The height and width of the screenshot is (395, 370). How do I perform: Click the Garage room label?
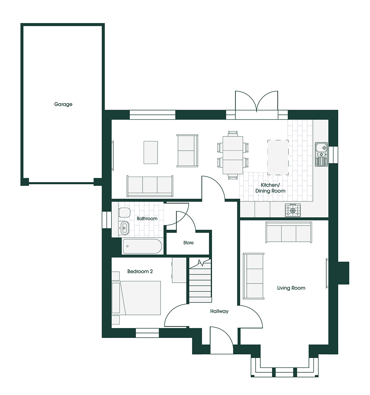(x=63, y=104)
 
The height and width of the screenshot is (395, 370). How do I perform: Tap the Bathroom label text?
(x=147, y=218)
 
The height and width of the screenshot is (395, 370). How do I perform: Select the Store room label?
(x=188, y=242)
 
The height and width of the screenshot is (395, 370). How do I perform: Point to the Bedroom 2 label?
(x=140, y=271)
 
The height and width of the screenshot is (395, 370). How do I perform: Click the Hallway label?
(x=219, y=311)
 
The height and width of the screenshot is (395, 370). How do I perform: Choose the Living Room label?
(x=291, y=288)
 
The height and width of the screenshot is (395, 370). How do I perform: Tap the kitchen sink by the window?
(x=321, y=154)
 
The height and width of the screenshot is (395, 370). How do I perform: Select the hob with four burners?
(x=293, y=210)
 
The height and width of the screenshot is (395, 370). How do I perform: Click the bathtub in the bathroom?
(x=142, y=246)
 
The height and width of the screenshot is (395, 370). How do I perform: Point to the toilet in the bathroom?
(x=124, y=213)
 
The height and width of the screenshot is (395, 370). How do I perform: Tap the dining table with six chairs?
(x=233, y=155)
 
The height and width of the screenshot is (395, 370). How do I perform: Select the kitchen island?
(x=278, y=157)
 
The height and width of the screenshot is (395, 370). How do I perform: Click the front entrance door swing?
(x=222, y=340)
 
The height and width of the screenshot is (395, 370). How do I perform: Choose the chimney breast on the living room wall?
(x=343, y=273)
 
